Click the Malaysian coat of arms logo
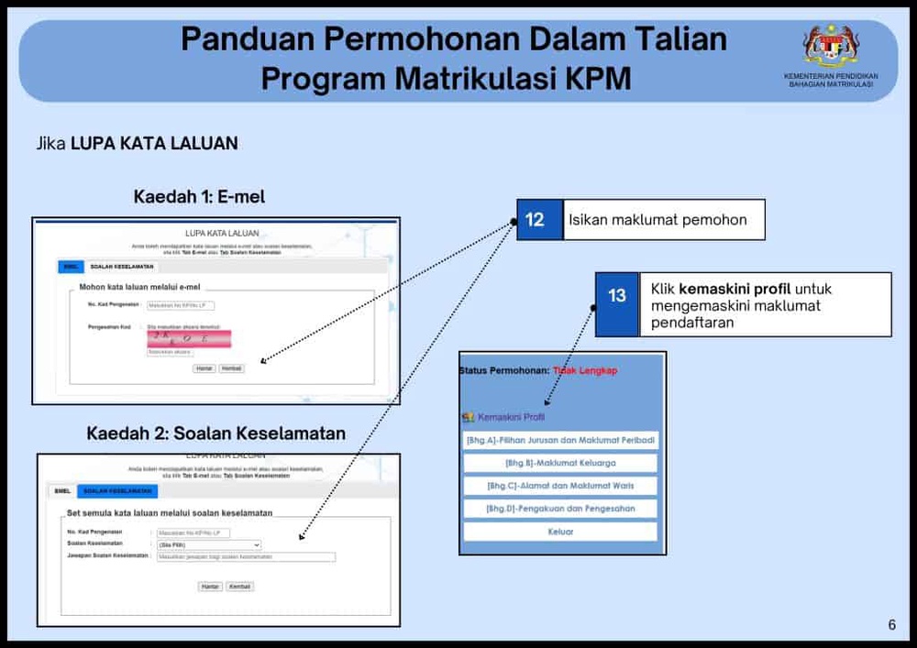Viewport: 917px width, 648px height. [831, 46]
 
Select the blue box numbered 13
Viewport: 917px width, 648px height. [617, 295]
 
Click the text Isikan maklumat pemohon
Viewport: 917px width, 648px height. [657, 220]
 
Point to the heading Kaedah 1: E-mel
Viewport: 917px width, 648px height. [199, 197]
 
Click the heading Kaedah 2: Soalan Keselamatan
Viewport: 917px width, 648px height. [216, 433]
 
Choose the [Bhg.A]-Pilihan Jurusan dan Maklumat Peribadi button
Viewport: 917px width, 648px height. [560, 441]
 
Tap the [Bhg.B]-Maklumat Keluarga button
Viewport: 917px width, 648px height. [560, 463]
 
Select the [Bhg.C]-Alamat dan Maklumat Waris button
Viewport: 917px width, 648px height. [560, 486]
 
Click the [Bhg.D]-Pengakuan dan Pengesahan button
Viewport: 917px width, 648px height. [560, 509]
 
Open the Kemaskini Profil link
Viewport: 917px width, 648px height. [511, 417]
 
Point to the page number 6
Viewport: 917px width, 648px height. [891, 625]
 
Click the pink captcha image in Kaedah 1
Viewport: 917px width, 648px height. [188, 338]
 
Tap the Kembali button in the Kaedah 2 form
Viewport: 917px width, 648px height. [239, 586]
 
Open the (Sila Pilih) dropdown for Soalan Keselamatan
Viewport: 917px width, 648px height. [209, 544]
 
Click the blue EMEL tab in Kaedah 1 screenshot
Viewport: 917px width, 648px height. [70, 267]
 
